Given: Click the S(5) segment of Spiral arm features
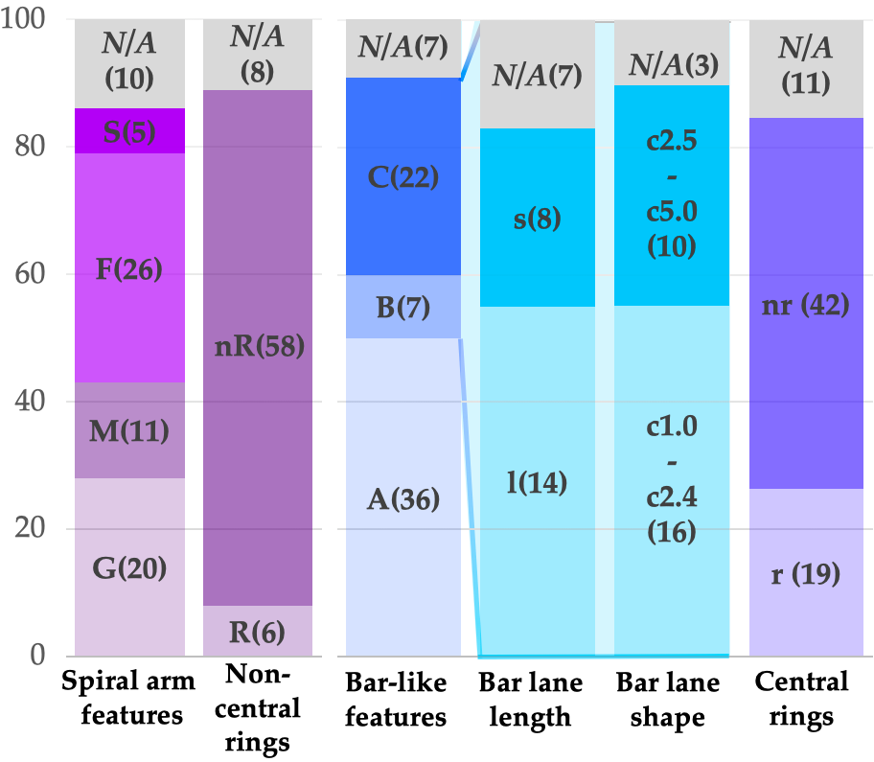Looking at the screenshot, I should [129, 130].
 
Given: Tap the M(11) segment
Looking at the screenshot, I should [129, 430].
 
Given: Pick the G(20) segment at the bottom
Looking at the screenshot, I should [129, 567].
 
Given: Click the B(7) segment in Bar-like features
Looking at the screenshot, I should [402, 307].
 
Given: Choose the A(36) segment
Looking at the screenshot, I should [402, 498].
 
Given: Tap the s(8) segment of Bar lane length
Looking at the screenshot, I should [537, 219].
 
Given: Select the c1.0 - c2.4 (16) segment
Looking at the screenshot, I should [671, 479].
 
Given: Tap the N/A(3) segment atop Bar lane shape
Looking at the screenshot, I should [671, 64].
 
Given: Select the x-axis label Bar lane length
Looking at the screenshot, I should [537, 700].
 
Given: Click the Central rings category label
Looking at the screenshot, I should [802, 700].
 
